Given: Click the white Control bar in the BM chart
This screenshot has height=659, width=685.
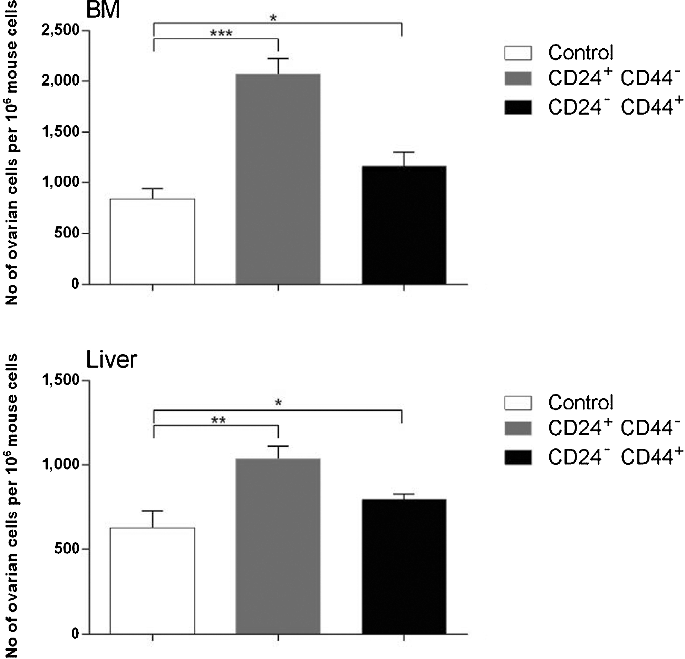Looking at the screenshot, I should (x=152, y=241).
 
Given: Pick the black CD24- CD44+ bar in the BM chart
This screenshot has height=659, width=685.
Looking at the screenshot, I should (x=404, y=225).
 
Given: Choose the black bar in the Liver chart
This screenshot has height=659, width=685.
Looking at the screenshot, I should (x=404, y=566).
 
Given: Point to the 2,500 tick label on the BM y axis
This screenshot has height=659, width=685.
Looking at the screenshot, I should (x=60, y=30).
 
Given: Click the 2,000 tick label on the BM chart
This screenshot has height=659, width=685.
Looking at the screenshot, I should (x=60, y=81).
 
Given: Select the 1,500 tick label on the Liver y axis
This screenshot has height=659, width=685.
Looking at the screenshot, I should (x=60, y=380).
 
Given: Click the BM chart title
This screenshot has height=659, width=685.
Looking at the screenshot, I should (x=103, y=10).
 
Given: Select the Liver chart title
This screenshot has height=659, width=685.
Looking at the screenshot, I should (x=112, y=360).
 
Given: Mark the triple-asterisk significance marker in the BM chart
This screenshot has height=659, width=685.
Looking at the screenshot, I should (x=221, y=33).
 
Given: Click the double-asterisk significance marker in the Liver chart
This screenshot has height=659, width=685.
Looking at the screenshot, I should (x=219, y=420).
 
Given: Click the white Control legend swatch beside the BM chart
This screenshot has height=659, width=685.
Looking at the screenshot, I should (x=518, y=53).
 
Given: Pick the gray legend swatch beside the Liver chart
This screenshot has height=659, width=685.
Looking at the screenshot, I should (x=518, y=428).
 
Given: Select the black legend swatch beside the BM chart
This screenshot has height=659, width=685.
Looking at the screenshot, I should (x=518, y=107).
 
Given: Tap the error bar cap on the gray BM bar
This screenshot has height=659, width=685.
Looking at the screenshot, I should (x=278, y=59).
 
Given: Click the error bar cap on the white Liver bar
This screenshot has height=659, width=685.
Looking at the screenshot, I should (x=152, y=511).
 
